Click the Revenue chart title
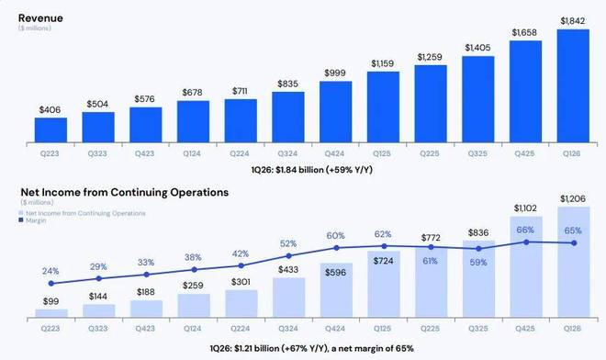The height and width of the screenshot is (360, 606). click(40, 18)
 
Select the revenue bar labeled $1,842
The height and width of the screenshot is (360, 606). click(573, 85)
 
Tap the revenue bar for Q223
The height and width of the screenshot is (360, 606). click(50, 130)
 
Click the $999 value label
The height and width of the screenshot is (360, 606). click(335, 73)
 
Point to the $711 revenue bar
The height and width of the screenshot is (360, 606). click(241, 121)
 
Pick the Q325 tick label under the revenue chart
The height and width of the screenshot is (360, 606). click(477, 153)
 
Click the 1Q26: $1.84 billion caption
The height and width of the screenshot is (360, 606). click(312, 170)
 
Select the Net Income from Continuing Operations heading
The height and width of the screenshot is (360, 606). click(125, 192)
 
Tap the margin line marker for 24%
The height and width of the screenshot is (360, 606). click(51, 284)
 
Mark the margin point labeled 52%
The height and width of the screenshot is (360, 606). click(288, 256)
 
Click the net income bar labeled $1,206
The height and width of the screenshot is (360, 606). click(574, 262)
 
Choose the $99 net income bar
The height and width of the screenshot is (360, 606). click(51, 313)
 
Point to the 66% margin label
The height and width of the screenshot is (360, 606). click(525, 231)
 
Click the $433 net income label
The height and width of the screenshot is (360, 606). click(288, 269)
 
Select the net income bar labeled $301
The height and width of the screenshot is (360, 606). click(241, 304)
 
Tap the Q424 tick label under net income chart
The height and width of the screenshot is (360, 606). click(335, 328)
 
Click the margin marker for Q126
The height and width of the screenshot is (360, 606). click(574, 243)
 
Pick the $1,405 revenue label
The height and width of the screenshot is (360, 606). click(477, 48)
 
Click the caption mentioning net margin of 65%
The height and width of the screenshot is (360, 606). click(312, 348)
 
